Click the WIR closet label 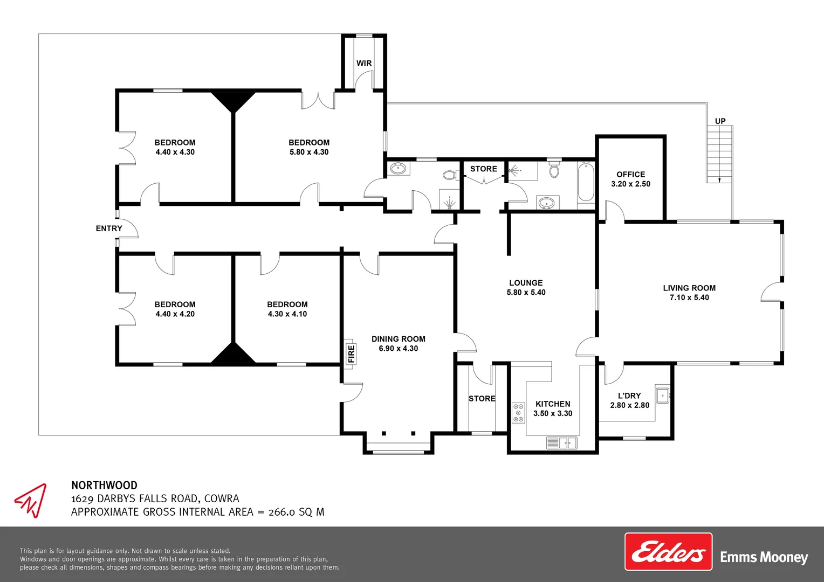(364, 63)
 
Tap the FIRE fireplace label (351, 354)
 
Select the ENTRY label (109, 228)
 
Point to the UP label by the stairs (720, 121)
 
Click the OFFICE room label (631, 174)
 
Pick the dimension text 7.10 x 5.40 (689, 297)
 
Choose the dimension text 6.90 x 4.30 (399, 348)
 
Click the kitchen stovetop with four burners (519, 413)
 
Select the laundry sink (663, 396)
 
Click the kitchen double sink (562, 442)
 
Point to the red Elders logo (668, 551)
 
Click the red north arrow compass (31, 500)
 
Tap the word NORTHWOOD (105, 486)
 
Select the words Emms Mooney (764, 557)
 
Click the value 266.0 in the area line (282, 512)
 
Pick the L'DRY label (629, 396)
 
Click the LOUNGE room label (526, 283)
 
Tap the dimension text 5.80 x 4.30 (309, 152)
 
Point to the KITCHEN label (553, 404)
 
